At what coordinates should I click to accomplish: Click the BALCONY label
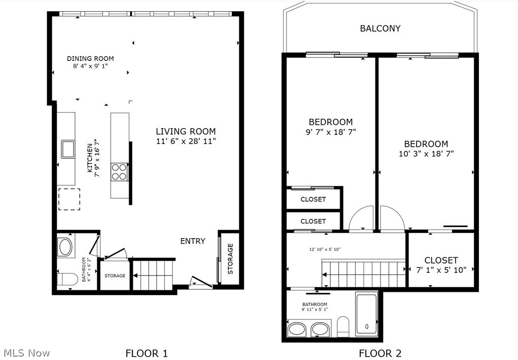click(380, 28)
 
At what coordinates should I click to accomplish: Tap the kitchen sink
click(68, 149)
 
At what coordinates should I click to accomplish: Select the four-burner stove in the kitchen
click(119, 172)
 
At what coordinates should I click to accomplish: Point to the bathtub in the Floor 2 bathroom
click(366, 314)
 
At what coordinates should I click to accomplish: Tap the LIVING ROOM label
click(186, 132)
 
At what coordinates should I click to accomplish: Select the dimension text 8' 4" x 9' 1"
click(91, 66)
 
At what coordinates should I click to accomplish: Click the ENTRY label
click(192, 241)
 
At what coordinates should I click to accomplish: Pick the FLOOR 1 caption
click(147, 353)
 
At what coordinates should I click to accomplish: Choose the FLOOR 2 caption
click(380, 353)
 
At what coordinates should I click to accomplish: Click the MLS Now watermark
click(27, 353)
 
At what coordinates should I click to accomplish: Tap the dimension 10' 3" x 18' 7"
click(426, 153)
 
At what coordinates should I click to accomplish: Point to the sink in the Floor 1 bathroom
click(65, 247)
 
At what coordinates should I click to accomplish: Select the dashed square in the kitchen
click(69, 199)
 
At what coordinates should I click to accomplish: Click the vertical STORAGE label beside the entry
click(230, 259)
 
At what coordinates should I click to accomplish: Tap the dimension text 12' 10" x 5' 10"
click(325, 249)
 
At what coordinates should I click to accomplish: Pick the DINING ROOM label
click(91, 58)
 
